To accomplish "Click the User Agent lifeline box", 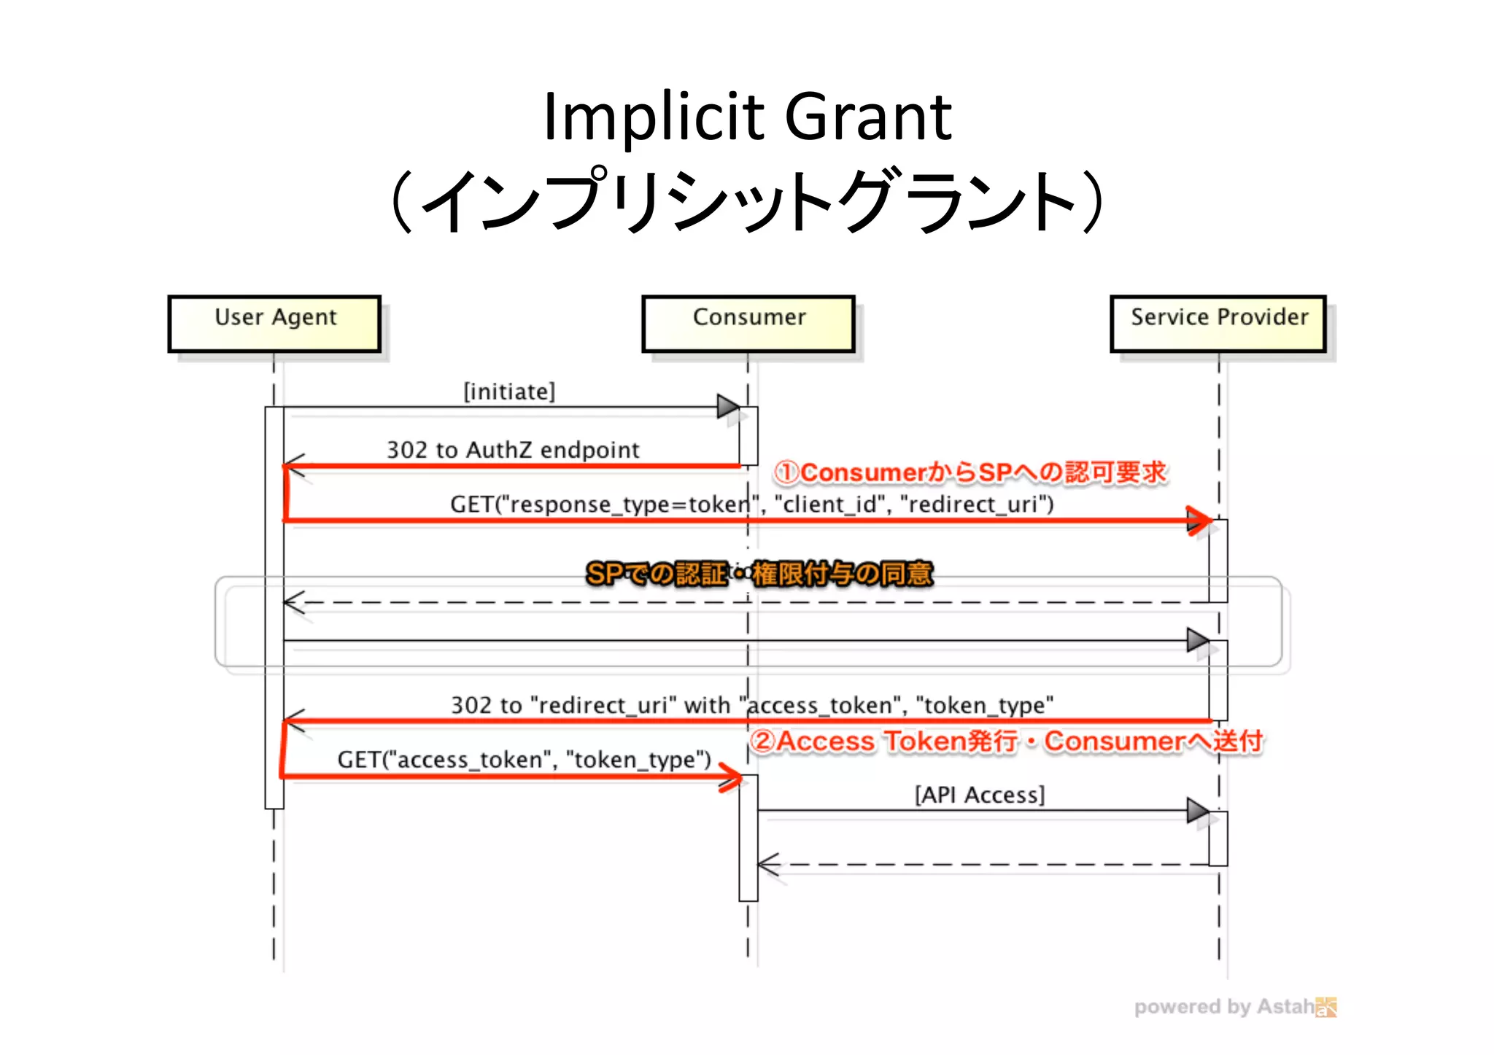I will [274, 324].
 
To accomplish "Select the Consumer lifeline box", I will [748, 324].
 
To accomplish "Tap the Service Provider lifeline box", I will [1218, 324].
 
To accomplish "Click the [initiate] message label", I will [509, 392].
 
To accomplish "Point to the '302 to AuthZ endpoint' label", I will [513, 449].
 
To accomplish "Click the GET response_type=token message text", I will [751, 504].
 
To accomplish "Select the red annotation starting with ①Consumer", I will [970, 472].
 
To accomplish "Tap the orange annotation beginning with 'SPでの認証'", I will [759, 574].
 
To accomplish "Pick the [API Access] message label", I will [980, 794].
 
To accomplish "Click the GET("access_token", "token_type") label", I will [524, 759].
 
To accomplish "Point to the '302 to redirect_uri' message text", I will [751, 705].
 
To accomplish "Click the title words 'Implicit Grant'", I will [747, 117].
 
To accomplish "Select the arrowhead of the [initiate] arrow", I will [728, 407].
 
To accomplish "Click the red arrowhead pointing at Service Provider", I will [1199, 521].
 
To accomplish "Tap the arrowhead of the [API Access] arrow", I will [1198, 810].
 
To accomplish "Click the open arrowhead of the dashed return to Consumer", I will [768, 865].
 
